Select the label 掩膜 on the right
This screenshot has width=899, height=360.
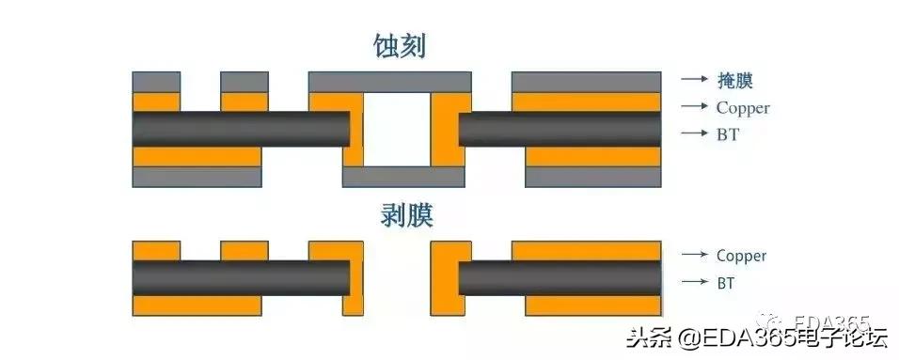pyautogui.click(x=734, y=81)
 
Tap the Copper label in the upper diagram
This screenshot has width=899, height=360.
pyautogui.click(x=743, y=107)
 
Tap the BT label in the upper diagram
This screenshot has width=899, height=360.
pyautogui.click(x=727, y=134)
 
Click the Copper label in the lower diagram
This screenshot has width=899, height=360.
pyautogui.click(x=742, y=255)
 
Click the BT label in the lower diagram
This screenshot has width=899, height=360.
pyautogui.click(x=726, y=282)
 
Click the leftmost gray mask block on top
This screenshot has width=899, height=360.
pyautogui.click(x=156, y=81)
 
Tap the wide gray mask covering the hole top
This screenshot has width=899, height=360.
pyautogui.click(x=389, y=81)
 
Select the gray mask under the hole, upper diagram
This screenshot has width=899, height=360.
pyautogui.click(x=402, y=177)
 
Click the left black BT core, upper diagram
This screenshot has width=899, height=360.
pyautogui.click(x=240, y=129)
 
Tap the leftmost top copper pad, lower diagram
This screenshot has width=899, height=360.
pyautogui.click(x=156, y=250)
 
